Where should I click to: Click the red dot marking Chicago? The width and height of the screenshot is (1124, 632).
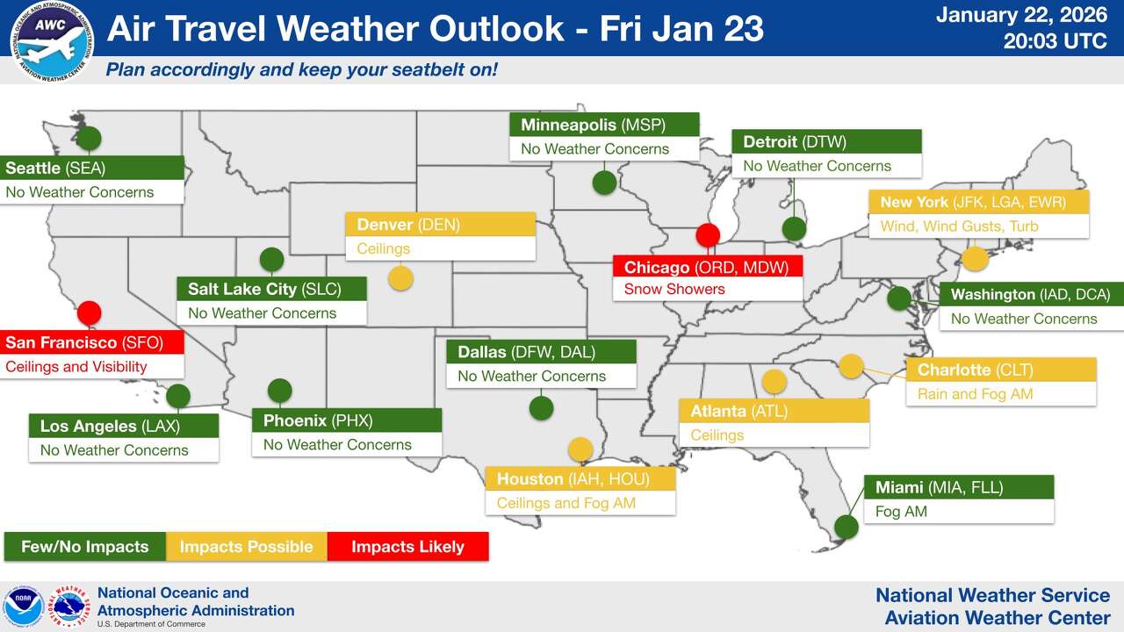pyautogui.click(x=708, y=235)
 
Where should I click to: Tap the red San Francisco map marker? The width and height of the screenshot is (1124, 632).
pyautogui.click(x=89, y=312)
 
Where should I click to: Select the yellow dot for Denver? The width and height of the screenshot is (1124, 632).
pyautogui.click(x=400, y=278)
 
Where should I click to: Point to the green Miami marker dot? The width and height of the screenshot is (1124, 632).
pyautogui.click(x=846, y=527)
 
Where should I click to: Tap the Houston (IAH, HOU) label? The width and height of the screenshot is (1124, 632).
pyautogui.click(x=580, y=478)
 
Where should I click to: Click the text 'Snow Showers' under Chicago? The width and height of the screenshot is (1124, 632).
pyautogui.click(x=674, y=289)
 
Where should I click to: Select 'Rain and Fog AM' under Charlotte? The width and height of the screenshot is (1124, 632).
pyautogui.click(x=975, y=394)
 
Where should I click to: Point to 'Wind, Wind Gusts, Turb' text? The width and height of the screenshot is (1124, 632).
pyautogui.click(x=959, y=226)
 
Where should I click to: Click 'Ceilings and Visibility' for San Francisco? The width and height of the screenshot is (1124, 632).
pyautogui.click(x=76, y=367)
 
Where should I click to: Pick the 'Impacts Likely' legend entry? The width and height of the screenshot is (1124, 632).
pyautogui.click(x=407, y=546)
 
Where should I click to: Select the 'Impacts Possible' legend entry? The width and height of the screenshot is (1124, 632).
pyautogui.click(x=246, y=546)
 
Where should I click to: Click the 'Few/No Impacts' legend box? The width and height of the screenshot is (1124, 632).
pyautogui.click(x=84, y=546)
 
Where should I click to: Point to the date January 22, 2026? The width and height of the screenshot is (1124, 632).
pyautogui.click(x=1022, y=15)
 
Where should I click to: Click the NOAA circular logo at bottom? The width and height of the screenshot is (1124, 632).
pyautogui.click(x=24, y=607)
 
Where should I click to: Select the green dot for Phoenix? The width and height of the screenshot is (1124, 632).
pyautogui.click(x=279, y=390)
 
